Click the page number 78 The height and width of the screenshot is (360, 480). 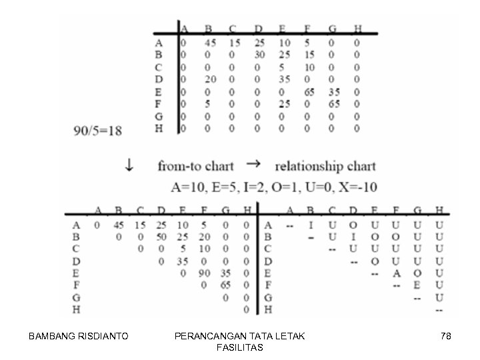pyautogui.click(x=446, y=337)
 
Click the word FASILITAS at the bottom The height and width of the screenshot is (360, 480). pyautogui.click(x=240, y=348)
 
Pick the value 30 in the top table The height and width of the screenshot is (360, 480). pyautogui.click(x=260, y=55)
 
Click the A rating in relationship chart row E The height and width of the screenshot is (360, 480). pyautogui.click(x=397, y=273)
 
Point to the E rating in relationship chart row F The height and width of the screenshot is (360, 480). pyautogui.click(x=417, y=285)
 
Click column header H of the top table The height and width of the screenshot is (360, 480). pyautogui.click(x=358, y=29)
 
